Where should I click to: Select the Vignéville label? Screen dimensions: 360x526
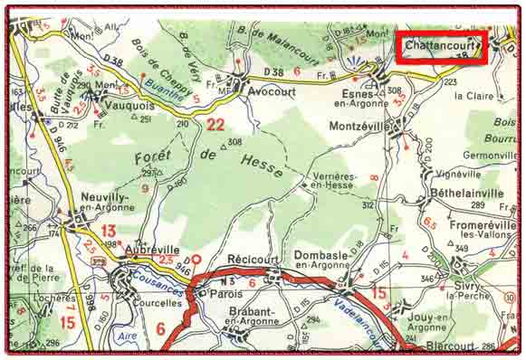pos(458,173)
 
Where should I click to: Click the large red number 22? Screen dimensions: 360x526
pos(215,125)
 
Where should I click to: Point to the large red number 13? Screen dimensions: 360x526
pos(109,231)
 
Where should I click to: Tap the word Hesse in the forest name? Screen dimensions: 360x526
pos(263,164)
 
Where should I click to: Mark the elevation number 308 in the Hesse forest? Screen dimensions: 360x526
pos(235,142)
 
